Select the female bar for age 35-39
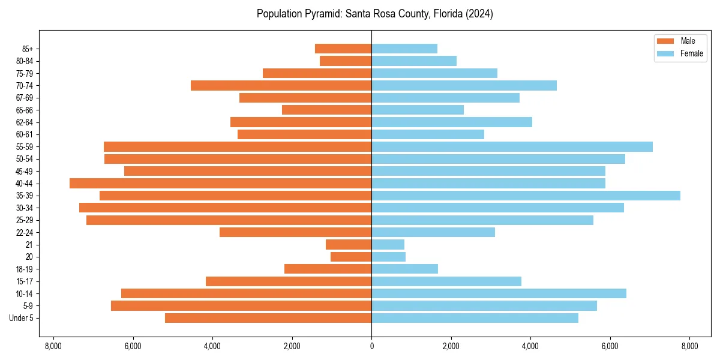(526, 196)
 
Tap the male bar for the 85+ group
(343, 49)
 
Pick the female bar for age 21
(388, 245)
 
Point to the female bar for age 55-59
(512, 147)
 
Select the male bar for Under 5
(268, 318)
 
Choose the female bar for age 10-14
(499, 293)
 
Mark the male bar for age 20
(351, 257)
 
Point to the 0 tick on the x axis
(371, 346)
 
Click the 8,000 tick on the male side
(53, 346)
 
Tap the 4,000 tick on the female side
(530, 346)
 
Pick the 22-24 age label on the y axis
(25, 233)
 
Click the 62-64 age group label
(25, 122)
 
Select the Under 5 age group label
(22, 318)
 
